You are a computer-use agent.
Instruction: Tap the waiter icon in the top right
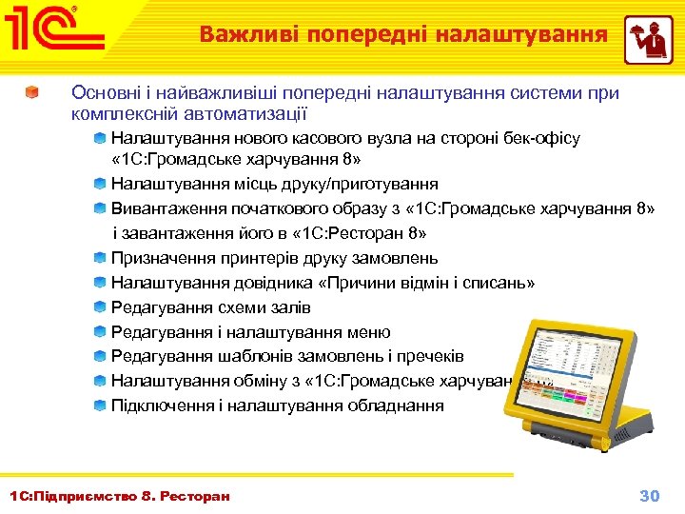click(x=648, y=39)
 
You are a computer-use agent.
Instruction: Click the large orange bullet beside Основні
click(x=32, y=93)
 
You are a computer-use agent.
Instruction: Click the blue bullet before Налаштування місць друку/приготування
click(x=100, y=184)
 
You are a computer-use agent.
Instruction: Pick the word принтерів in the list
click(x=248, y=258)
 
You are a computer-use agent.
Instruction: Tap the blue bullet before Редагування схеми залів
click(x=100, y=307)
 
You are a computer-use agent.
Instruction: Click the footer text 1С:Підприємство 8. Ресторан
click(x=119, y=496)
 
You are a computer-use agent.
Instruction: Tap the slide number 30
click(x=649, y=495)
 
